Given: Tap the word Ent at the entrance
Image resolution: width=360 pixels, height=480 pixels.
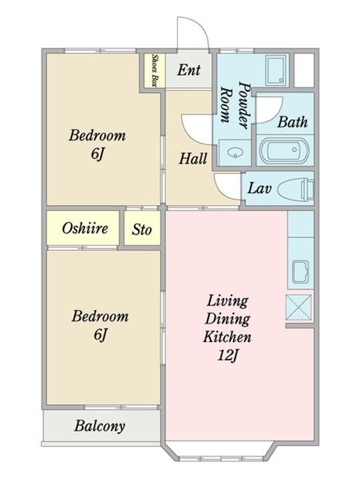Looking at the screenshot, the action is coord(189,70).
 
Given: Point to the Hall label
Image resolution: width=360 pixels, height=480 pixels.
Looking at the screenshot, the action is coord(193,159).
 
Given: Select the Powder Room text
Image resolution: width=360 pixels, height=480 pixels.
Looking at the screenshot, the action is coord(236,105).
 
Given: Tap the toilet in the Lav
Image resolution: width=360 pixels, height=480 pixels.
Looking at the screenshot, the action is coord(296,189).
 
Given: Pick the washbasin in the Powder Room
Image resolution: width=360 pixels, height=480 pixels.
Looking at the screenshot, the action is coord(235,152).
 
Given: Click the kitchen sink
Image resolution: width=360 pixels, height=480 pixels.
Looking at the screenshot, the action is coord(301,272).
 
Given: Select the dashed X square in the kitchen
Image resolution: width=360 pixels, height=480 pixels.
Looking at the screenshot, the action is coord(299,307).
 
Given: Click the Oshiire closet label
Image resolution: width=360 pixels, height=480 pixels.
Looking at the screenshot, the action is coord(85,228).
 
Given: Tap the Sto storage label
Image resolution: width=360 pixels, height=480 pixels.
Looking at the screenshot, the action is coord(142,229).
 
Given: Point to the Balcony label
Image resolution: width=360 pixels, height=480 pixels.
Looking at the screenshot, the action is coord(100,426).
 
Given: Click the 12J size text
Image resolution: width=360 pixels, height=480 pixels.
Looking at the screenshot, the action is coord(228,355).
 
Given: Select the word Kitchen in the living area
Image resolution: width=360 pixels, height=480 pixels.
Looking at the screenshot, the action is coord(227,337).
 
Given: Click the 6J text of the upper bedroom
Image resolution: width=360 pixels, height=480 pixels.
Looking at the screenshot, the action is coord(97,154).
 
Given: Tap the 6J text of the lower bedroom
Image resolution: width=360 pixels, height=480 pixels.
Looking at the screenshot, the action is coord(101,334).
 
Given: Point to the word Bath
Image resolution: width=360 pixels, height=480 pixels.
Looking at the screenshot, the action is coord(293,122).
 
